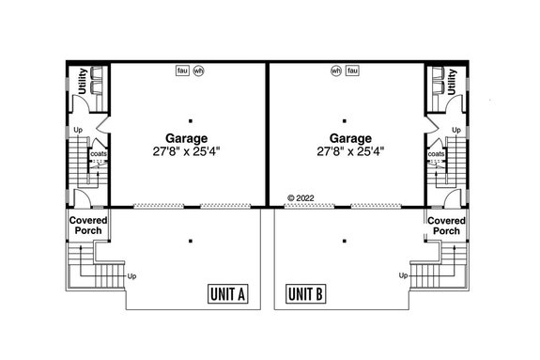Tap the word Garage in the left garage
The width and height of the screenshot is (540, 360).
point(189,135)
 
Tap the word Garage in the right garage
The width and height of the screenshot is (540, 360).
point(348,135)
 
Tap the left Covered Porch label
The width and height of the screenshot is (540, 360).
point(86,226)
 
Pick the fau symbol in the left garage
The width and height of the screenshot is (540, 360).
point(182,70)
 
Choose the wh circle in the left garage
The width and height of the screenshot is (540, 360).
point(197,70)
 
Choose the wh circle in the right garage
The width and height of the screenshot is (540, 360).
point(336,70)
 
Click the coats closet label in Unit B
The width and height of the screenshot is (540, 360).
point(437,152)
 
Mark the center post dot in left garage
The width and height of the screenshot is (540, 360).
point(190,120)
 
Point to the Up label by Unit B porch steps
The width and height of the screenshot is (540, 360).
point(403,275)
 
